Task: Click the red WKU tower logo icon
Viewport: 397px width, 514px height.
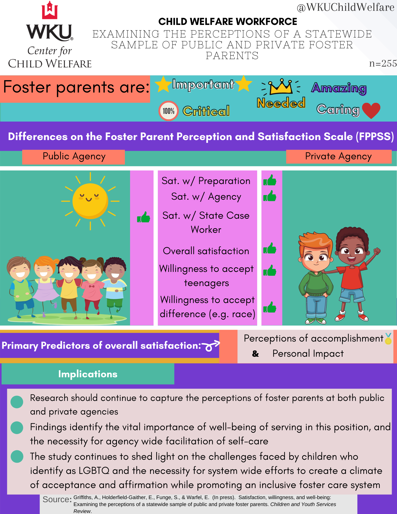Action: pos(50,11)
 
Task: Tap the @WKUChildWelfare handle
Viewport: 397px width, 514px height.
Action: pos(345,7)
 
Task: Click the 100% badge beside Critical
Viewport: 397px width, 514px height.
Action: pos(169,111)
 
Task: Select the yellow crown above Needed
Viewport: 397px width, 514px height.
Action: pos(281,87)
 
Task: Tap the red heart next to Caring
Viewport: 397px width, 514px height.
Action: pos(371,110)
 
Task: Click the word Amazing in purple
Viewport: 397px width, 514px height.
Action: pos(339,88)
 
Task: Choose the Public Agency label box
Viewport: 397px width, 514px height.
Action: pos(73,157)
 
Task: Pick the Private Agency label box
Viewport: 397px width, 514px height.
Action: pos(339,157)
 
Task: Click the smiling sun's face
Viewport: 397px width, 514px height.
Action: pos(90,201)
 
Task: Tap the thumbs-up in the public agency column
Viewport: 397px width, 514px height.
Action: pos(143,217)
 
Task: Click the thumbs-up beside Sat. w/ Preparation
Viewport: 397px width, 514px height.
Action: pos(270,180)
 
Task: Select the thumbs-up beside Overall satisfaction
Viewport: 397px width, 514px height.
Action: pos(270,249)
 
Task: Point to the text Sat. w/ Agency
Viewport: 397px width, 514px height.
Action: pos(206,197)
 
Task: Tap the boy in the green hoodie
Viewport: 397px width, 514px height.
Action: pos(316,278)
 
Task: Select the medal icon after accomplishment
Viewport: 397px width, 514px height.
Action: pos(388,338)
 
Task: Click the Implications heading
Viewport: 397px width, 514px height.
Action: pos(88,374)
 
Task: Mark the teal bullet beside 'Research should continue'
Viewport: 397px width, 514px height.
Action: pos(17,402)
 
